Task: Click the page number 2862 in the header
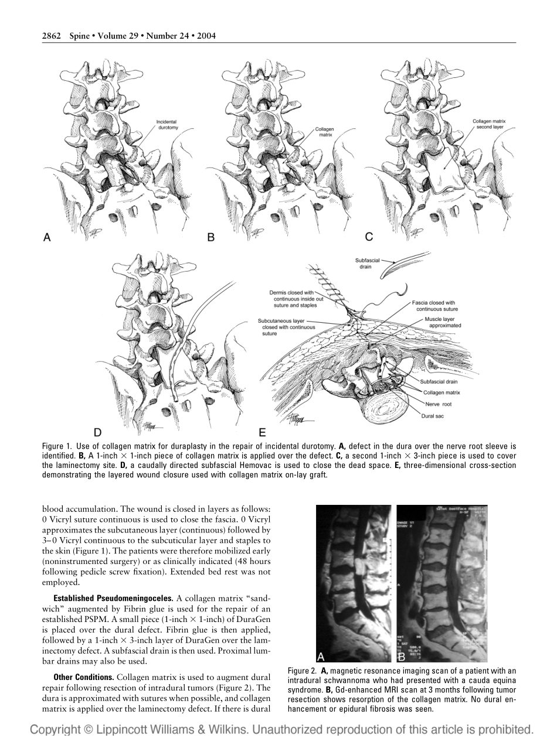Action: tap(52, 36)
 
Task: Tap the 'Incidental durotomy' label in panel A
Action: tap(167, 124)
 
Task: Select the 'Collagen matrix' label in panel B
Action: tap(324, 131)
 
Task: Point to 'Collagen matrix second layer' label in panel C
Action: tap(489, 124)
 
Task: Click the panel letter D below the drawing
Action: tap(97, 433)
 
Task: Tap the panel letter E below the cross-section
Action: tap(263, 433)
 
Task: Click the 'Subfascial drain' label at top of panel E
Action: tap(366, 263)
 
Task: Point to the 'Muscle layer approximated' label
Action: tap(443, 322)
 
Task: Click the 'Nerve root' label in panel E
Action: tap(438, 404)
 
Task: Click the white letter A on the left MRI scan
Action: tap(321, 656)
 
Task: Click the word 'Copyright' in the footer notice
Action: tap(56, 730)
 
